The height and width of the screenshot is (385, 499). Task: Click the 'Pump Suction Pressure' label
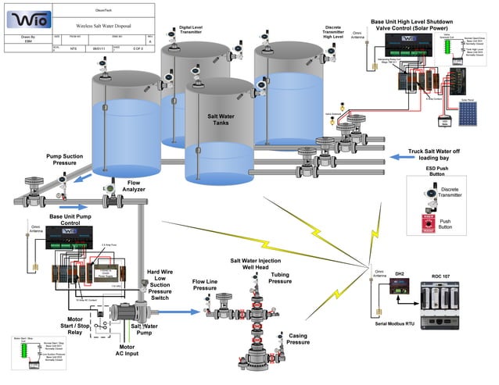point(66,161)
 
